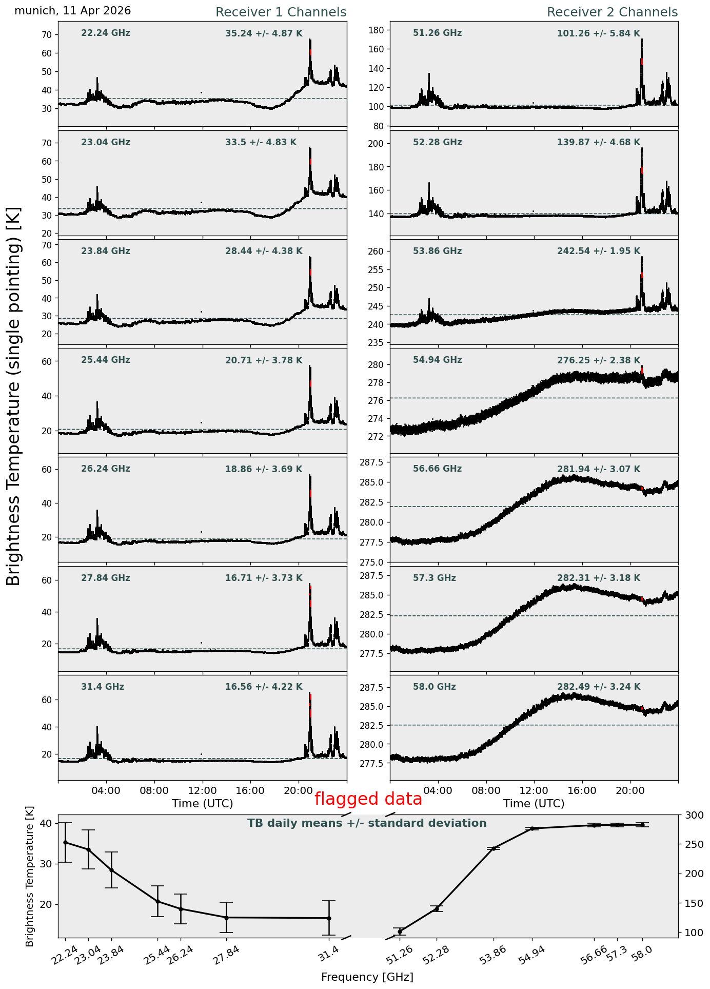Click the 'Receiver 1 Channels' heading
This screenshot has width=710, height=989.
[x=281, y=12]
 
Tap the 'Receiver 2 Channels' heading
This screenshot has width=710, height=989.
[x=613, y=12]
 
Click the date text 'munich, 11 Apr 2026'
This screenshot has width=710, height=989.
[x=72, y=11]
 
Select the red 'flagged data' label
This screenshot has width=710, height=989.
[x=368, y=799]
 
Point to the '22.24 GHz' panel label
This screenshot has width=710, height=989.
[x=106, y=33]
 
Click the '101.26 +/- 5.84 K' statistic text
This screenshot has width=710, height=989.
[x=599, y=34]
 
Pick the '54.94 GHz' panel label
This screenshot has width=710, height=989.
[x=437, y=360]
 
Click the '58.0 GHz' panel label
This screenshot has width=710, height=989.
[x=435, y=687]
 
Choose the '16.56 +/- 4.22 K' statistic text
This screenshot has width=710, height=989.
[x=264, y=687]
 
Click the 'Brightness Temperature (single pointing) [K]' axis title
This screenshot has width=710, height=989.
[x=13, y=396]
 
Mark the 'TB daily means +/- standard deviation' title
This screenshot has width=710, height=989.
[x=367, y=823]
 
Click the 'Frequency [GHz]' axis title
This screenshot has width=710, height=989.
[x=367, y=977]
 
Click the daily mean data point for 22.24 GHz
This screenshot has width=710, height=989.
[x=65, y=842]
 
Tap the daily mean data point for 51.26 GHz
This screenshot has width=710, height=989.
[x=400, y=932]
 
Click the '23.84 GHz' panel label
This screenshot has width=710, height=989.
[x=106, y=251]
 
